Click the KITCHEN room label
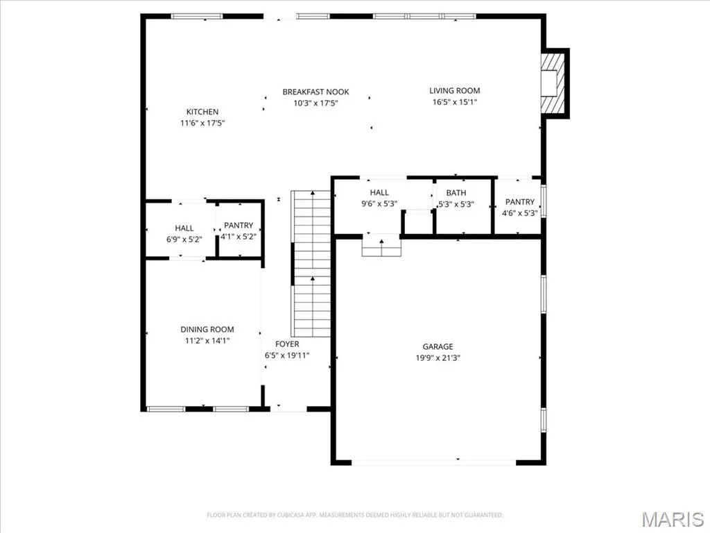point(202,112)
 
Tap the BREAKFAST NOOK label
point(315,92)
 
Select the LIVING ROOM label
point(455,91)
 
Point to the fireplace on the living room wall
point(554,83)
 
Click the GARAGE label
point(438,347)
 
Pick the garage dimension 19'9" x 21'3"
point(438,358)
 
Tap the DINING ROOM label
point(207,330)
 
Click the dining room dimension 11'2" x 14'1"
point(207,340)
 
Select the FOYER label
point(287,344)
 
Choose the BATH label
point(456,193)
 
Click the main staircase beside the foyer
point(311,264)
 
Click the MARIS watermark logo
point(673,519)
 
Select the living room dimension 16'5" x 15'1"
point(455,102)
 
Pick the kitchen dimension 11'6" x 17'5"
point(202,123)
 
